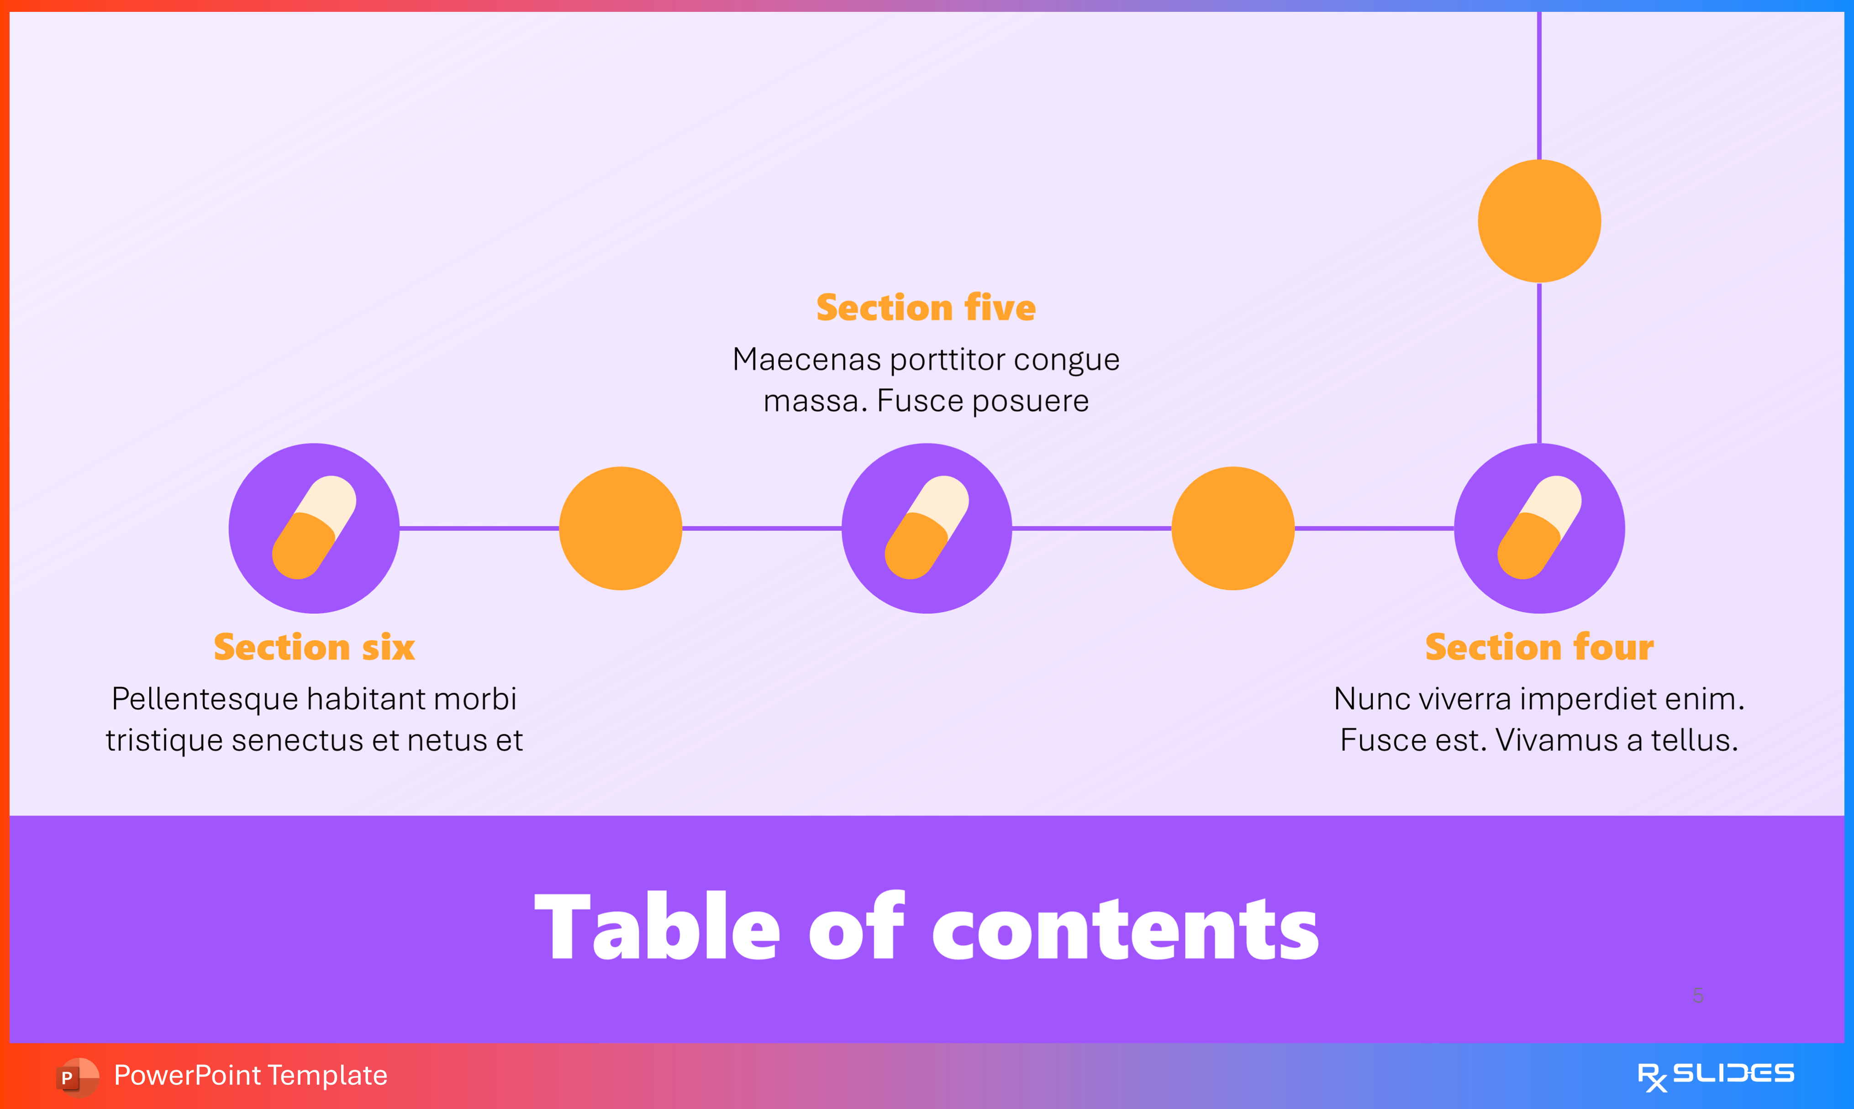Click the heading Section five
tap(926, 308)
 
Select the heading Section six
tap(314, 647)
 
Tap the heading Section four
tap(1539, 647)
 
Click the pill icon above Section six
tap(314, 528)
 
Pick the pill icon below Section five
tap(926, 528)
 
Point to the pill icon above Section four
tap(1539, 528)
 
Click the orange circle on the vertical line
tap(1539, 221)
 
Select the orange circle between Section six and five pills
tap(621, 528)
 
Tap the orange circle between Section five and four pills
tap(1233, 528)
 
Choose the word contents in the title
tap(1125, 929)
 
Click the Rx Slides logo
tap(1715, 1075)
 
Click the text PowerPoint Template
tap(250, 1075)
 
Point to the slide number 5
tap(1698, 995)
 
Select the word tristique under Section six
tap(164, 741)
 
